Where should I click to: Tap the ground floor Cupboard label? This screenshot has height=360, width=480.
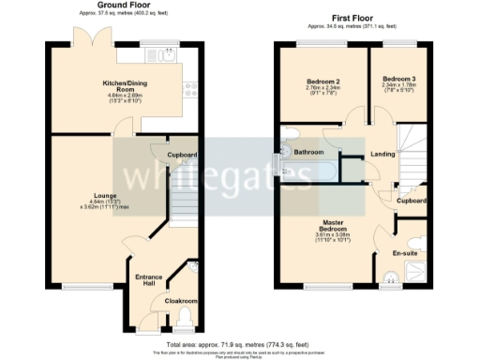pos(182,154)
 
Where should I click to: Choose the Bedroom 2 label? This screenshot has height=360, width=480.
pos(322,82)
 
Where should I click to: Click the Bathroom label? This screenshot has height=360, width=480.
pos(308,152)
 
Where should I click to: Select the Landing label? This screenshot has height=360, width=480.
pos(382,154)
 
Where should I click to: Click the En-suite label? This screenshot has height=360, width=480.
pos(403,253)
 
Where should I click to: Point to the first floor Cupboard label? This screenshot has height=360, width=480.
pos(411,200)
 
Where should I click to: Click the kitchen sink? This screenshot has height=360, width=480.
pos(170,55)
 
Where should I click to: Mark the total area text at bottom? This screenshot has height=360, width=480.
pos(239,345)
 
